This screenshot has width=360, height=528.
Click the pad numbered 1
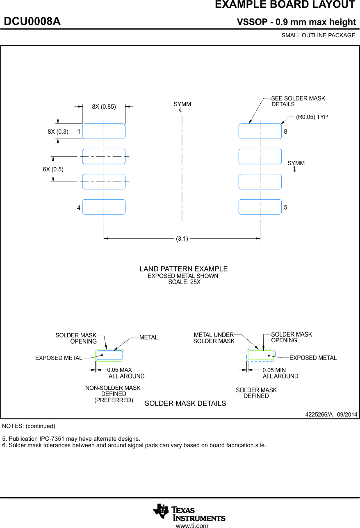pyautogui.click(x=104, y=131)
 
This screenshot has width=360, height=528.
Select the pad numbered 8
pyautogui.click(x=260, y=131)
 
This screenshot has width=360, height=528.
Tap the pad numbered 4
pyautogui.click(x=104, y=207)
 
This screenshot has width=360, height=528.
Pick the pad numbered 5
pyautogui.click(x=260, y=207)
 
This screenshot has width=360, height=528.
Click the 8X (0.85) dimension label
pyautogui.click(x=104, y=107)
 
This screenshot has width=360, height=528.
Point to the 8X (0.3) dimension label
pyautogui.click(x=58, y=132)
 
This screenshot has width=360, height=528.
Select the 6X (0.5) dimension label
pyautogui.click(x=53, y=169)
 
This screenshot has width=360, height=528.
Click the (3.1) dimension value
pyautogui.click(x=182, y=239)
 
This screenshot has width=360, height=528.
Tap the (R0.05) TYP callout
pyautogui.click(x=312, y=117)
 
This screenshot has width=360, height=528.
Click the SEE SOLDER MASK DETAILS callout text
pyautogui.click(x=298, y=101)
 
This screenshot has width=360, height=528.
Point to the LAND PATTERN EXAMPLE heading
pyautogui.click(x=183, y=269)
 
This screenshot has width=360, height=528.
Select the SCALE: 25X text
pyautogui.click(x=184, y=282)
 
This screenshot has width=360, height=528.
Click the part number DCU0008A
pyautogui.click(x=32, y=22)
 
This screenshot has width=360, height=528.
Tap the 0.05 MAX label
pyautogui.click(x=119, y=370)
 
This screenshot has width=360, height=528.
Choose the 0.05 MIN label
pyautogui.click(x=274, y=370)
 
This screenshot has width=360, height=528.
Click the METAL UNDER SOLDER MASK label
pyautogui.click(x=214, y=338)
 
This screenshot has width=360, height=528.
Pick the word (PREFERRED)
pyautogui.click(x=114, y=400)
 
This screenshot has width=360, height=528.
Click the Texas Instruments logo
pyautogui.click(x=189, y=512)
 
